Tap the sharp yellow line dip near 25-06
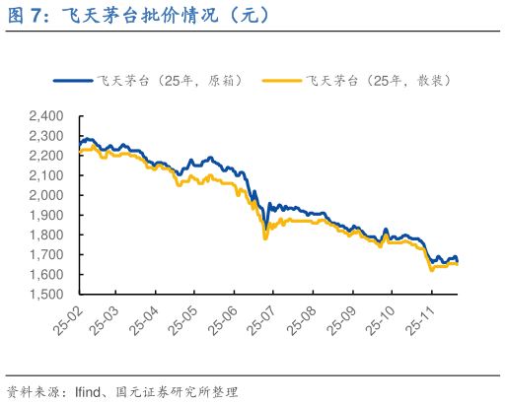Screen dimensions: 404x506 [x=264, y=237]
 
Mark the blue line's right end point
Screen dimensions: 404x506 [x=457, y=260]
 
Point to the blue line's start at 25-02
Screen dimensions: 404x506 [x=80, y=145]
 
